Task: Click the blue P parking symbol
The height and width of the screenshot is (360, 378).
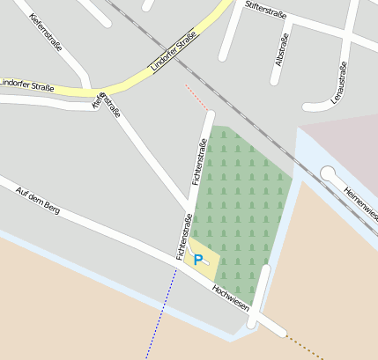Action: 198,260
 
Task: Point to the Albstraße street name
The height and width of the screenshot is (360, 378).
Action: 281,51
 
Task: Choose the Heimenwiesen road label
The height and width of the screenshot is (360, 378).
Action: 361,203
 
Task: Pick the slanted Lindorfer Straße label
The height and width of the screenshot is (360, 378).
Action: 173,50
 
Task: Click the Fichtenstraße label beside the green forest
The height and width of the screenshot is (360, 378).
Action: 199,162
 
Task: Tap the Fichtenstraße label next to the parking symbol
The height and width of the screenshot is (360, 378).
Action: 183,238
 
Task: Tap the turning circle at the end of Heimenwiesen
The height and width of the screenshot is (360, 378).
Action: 329,173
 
